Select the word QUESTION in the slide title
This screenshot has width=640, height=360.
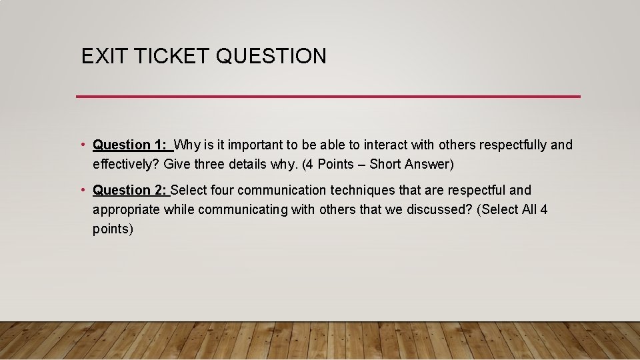point(271,57)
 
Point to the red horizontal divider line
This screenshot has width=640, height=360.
point(328,97)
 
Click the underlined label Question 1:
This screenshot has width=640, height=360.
point(131,145)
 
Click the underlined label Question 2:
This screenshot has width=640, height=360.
point(131,191)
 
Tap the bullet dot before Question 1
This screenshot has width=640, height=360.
point(82,145)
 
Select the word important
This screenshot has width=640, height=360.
point(255,145)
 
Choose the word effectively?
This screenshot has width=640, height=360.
point(126,164)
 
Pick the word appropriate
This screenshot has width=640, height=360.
point(126,210)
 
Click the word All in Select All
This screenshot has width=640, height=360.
point(529,210)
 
